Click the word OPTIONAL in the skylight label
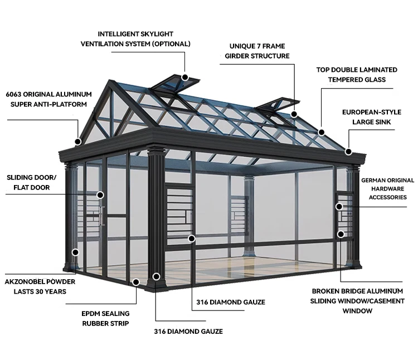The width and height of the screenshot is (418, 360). pyautogui.click(x=170, y=43)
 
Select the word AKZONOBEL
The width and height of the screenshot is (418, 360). pyautogui.click(x=27, y=281)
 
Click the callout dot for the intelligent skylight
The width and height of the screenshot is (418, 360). pyautogui.click(x=185, y=79)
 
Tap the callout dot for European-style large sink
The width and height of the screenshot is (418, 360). pyautogui.click(x=348, y=151)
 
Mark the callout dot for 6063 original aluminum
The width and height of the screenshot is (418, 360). pyautogui.click(x=79, y=142)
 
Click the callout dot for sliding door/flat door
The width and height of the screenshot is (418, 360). pyautogui.click(x=101, y=195)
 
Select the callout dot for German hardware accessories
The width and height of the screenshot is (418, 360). pyautogui.click(x=339, y=206)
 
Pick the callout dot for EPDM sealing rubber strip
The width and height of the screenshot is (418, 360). pyautogui.click(x=157, y=276)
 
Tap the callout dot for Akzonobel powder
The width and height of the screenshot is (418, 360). pyautogui.click(x=74, y=252)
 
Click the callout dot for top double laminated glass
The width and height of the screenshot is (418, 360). pyautogui.click(x=321, y=132)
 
